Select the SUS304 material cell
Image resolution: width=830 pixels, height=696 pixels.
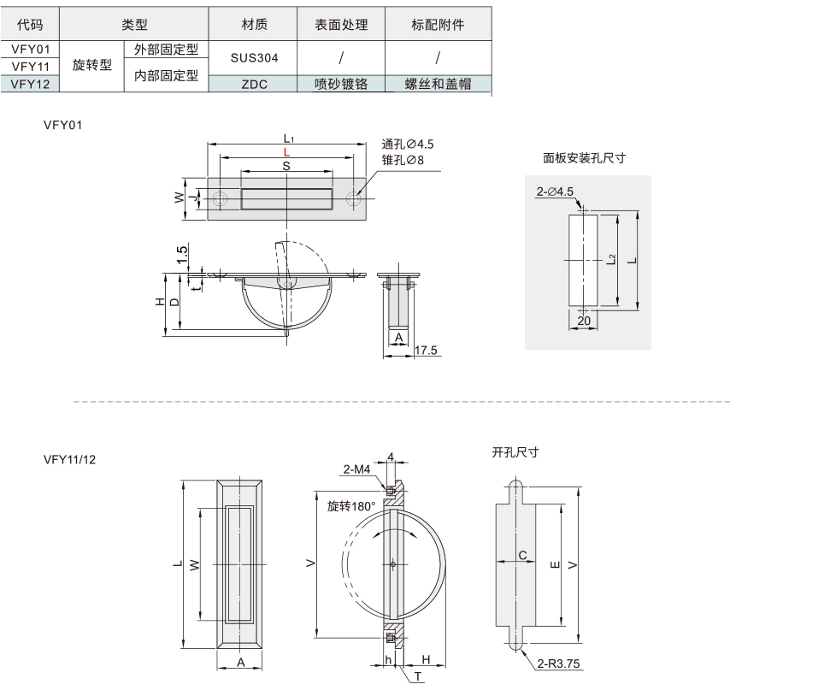(254, 58)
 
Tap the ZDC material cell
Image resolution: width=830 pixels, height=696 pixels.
(254, 84)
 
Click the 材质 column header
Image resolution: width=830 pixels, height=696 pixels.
(254, 25)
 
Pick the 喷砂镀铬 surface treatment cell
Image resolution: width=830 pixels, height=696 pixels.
(341, 84)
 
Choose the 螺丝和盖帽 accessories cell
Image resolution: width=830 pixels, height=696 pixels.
(439, 84)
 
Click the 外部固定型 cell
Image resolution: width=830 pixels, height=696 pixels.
(166, 50)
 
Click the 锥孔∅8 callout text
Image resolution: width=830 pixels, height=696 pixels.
(403, 159)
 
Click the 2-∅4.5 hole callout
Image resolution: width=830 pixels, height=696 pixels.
(555, 192)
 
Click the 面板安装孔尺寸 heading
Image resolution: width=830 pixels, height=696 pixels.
(585, 158)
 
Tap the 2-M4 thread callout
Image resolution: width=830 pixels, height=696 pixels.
(356, 469)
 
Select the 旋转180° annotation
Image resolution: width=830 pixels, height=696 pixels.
(351, 506)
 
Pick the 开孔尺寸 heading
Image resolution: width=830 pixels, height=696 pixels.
(515, 451)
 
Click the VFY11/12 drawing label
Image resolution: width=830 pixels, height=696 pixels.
(70, 459)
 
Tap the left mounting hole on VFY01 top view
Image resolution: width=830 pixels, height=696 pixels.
(221, 199)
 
